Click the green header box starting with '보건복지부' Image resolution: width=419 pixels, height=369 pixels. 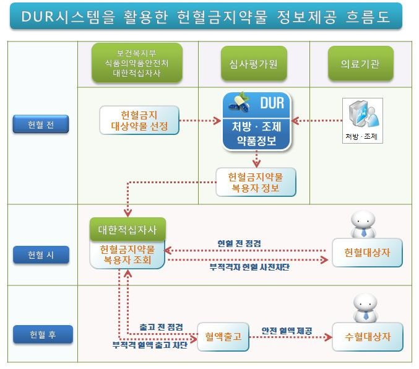click(x=137, y=63)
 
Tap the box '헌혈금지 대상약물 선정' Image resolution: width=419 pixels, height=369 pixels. click(x=139, y=121)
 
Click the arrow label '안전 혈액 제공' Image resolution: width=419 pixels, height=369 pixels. click(x=287, y=330)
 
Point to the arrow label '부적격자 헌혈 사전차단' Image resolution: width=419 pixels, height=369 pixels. click(x=249, y=267)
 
